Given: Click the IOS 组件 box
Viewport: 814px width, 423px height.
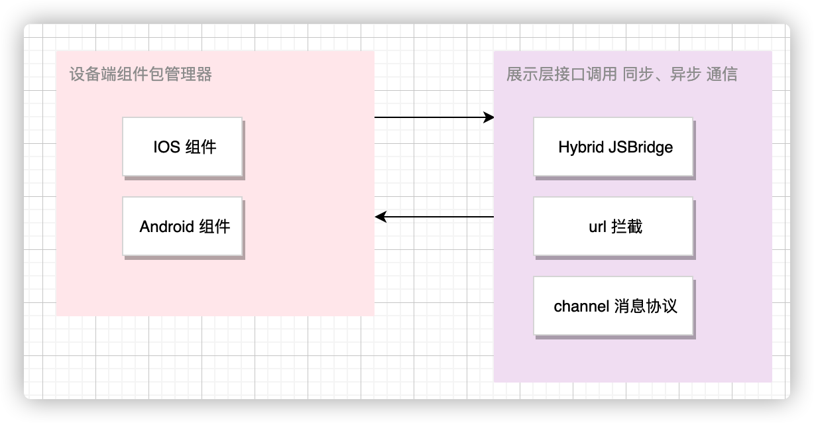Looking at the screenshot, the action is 182,147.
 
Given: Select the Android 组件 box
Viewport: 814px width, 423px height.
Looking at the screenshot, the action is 182,226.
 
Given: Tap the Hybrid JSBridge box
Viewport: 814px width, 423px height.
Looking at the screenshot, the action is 613,147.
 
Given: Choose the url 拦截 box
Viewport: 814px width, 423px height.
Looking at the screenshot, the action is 613,226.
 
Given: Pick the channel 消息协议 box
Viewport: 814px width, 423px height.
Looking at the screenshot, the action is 613,306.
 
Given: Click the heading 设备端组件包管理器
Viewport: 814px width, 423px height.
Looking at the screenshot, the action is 141,74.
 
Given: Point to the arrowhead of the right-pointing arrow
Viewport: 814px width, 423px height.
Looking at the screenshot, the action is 489,117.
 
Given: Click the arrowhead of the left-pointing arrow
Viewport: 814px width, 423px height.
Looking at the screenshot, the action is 380,217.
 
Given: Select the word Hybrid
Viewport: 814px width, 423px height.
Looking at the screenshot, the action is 581,148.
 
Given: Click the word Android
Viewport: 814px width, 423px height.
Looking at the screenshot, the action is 167,226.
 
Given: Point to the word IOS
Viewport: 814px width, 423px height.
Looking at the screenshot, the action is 167,147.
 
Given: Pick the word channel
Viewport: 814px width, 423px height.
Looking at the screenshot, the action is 581,306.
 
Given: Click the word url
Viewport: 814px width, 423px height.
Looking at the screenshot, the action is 597,226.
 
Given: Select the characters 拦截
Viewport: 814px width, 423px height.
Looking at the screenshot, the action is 627,226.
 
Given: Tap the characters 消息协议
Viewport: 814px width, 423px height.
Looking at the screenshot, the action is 646,306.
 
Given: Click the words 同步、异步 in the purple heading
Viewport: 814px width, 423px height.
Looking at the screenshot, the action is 662,74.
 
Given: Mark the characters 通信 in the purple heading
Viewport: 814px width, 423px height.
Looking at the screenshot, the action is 722,74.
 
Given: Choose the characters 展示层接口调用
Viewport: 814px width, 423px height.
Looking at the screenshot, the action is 562,74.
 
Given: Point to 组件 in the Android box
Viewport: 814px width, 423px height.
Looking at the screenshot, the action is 214,226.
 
